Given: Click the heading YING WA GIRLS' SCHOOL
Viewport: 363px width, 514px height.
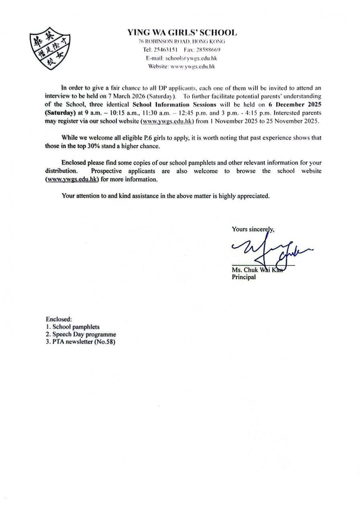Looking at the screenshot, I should tap(182, 33).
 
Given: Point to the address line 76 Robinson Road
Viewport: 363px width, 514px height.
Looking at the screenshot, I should tap(181, 41).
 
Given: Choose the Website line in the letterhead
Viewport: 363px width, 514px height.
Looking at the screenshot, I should tap(181, 67).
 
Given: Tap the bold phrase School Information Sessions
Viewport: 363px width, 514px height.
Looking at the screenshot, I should tap(174, 105).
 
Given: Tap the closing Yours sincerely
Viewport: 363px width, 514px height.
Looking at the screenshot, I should tap(253, 230).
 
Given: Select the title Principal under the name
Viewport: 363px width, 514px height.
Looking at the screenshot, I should tap(244, 277).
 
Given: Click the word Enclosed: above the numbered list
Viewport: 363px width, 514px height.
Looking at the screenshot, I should tap(59, 320).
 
